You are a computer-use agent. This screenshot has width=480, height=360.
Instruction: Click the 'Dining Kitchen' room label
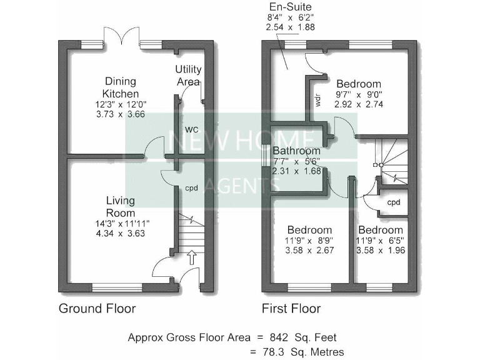tap(121, 87)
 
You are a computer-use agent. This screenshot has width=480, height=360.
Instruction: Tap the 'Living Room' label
tap(120, 206)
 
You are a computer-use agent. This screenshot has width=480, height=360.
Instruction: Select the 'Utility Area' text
tap(187, 75)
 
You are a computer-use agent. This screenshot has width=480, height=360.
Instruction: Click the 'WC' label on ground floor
tap(191, 130)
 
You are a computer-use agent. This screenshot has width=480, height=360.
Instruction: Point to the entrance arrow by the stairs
tap(192, 257)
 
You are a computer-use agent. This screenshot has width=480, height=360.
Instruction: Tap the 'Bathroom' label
tap(297, 151)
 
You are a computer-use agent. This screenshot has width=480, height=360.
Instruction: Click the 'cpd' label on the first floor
tap(393, 203)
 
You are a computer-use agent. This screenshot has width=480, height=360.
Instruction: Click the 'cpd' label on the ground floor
tap(191, 187)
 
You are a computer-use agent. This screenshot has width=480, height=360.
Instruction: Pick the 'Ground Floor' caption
tap(97, 309)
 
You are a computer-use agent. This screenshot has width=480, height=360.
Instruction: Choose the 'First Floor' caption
tap(291, 309)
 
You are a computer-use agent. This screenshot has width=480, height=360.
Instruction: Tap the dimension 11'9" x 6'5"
tap(381, 240)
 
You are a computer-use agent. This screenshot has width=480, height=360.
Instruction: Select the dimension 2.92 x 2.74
tap(359, 105)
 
